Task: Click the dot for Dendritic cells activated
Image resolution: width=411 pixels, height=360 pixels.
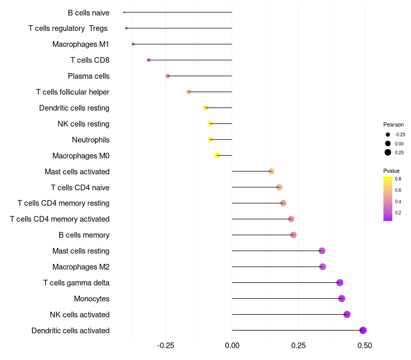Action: pyautogui.click(x=363, y=330)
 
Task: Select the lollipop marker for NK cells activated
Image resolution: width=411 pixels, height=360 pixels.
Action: pyautogui.click(x=347, y=314)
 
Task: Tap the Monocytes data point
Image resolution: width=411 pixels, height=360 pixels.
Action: pyautogui.click(x=342, y=298)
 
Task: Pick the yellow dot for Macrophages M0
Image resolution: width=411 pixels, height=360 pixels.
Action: pyautogui.click(x=217, y=155)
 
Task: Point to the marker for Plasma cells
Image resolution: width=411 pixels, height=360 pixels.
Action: pyautogui.click(x=167, y=76)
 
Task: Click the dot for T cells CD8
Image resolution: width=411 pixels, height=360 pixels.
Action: pyautogui.click(x=148, y=60)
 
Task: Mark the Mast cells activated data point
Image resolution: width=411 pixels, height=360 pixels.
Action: pyautogui.click(x=271, y=171)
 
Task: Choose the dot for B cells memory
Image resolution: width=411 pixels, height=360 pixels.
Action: pyautogui.click(x=293, y=235)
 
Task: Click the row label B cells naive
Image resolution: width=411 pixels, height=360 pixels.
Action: pyautogui.click(x=88, y=12)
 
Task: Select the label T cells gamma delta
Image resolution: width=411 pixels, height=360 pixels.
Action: pyautogui.click(x=76, y=283)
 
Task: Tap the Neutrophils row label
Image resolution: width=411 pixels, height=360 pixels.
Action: pyautogui.click(x=90, y=140)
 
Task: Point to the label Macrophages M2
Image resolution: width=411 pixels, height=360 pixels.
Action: pyautogui.click(x=81, y=267)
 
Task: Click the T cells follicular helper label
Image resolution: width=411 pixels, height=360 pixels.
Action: pyautogui.click(x=72, y=92)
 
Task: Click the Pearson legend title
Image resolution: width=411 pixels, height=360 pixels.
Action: pyautogui.click(x=394, y=124)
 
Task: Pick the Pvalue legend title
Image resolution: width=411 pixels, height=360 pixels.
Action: pyautogui.click(x=391, y=171)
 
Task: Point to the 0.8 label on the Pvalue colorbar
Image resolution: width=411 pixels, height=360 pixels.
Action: pyautogui.click(x=398, y=179)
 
